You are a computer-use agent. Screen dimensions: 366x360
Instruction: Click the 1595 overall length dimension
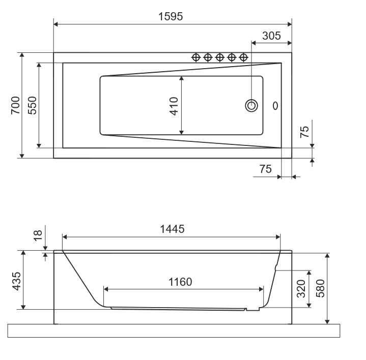pos(171,17)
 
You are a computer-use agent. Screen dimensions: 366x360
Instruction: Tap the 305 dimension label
pos(271,36)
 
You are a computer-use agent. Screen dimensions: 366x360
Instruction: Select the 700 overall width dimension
pos(16,105)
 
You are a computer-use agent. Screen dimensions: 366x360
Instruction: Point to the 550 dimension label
pos(33,105)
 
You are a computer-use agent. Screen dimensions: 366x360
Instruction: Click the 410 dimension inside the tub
pos(174,106)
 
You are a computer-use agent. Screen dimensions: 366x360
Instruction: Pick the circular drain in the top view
pos(251,106)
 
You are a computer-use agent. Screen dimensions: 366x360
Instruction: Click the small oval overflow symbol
pos(275,106)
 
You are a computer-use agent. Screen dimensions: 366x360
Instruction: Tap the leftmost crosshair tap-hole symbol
pos(196,57)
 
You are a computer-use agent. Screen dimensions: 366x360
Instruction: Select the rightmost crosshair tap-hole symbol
pos(243,57)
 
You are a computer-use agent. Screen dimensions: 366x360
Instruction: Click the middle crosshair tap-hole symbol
pos(219,57)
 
